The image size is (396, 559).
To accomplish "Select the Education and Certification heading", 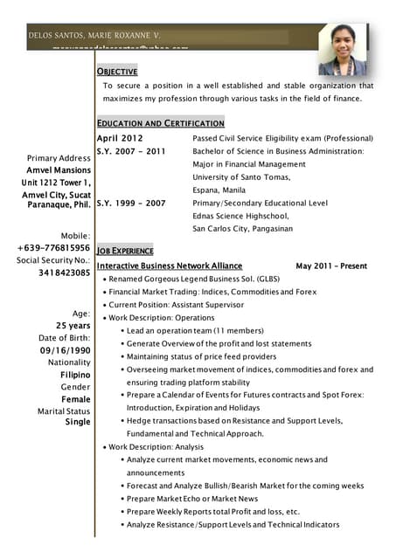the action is (x=160, y=123).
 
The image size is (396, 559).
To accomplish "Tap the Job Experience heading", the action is (x=125, y=250).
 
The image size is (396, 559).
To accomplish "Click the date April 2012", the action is (x=120, y=138).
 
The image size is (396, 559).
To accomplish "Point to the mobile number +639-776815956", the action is (x=53, y=248).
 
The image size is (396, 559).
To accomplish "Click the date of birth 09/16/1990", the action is (x=65, y=350).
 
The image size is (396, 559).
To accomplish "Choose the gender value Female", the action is (x=73, y=398).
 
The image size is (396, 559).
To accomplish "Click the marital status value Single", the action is (x=77, y=422).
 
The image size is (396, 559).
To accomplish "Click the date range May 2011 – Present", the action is (x=331, y=265).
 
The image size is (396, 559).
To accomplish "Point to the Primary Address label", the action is (x=59, y=158).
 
